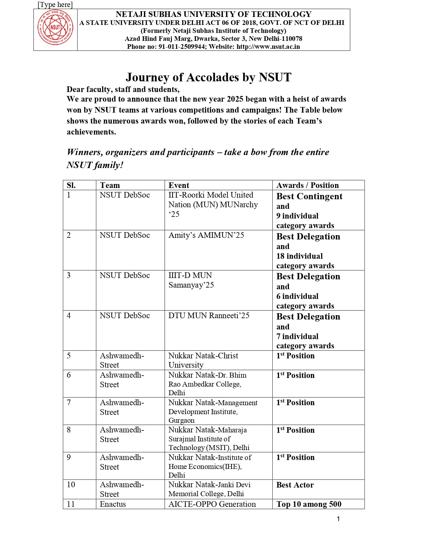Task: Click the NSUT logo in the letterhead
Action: point(55,28)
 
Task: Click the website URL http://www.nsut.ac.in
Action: point(268,47)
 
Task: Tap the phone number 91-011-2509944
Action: point(181,47)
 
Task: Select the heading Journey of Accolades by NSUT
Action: point(208,77)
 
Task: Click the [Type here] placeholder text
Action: point(55,5)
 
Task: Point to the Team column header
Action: point(110,185)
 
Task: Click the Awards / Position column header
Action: point(308,185)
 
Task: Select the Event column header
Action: point(179,185)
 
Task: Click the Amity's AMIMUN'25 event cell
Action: point(206,235)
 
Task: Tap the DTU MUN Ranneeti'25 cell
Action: point(209,316)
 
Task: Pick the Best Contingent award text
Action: point(309,196)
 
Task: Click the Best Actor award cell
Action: point(295,485)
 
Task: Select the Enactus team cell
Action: point(113,504)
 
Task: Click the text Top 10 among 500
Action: point(309,504)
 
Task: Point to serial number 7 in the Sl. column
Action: point(69,403)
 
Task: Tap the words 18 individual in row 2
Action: point(299,256)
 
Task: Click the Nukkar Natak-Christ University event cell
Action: point(203,360)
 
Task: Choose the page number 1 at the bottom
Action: point(338,519)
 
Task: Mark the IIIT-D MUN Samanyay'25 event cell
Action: point(191,280)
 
